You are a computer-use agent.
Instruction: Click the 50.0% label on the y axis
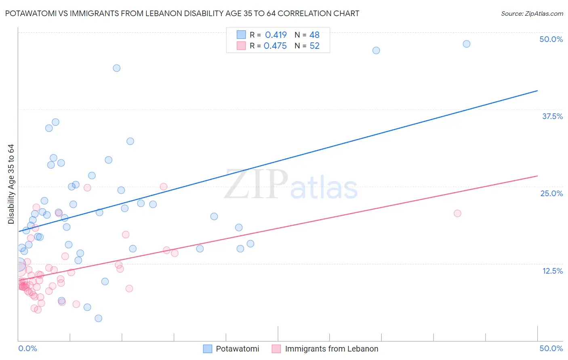pyautogui.click(x=551, y=39)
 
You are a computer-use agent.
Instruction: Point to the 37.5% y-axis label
pyautogui.click(x=552, y=116)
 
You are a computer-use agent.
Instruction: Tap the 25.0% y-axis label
pyautogui.click(x=551, y=193)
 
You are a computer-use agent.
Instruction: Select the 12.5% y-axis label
pyautogui.click(x=552, y=271)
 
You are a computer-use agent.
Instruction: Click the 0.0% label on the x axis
pyautogui.click(x=27, y=348)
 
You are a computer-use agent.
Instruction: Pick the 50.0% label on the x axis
pyautogui.click(x=551, y=348)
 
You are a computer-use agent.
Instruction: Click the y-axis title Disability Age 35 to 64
pyautogui.click(x=11, y=184)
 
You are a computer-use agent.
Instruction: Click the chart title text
pyautogui.click(x=182, y=14)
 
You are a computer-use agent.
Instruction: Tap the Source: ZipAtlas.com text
pyautogui.click(x=532, y=14)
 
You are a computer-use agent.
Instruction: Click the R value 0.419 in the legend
pyautogui.click(x=276, y=35)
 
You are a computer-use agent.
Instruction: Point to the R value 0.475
pyautogui.click(x=275, y=46)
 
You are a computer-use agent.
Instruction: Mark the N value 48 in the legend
pyautogui.click(x=314, y=35)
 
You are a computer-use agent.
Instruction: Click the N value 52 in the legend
pyautogui.click(x=314, y=46)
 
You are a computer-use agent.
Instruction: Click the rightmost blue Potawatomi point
pyautogui.click(x=466, y=44)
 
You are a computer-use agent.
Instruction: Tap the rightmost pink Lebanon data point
pyautogui.click(x=457, y=213)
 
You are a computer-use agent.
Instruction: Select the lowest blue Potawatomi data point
pyautogui.click(x=98, y=318)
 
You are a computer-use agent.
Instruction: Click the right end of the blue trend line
pyautogui.click(x=537, y=91)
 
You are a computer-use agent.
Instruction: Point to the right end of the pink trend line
pyautogui.click(x=537, y=176)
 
